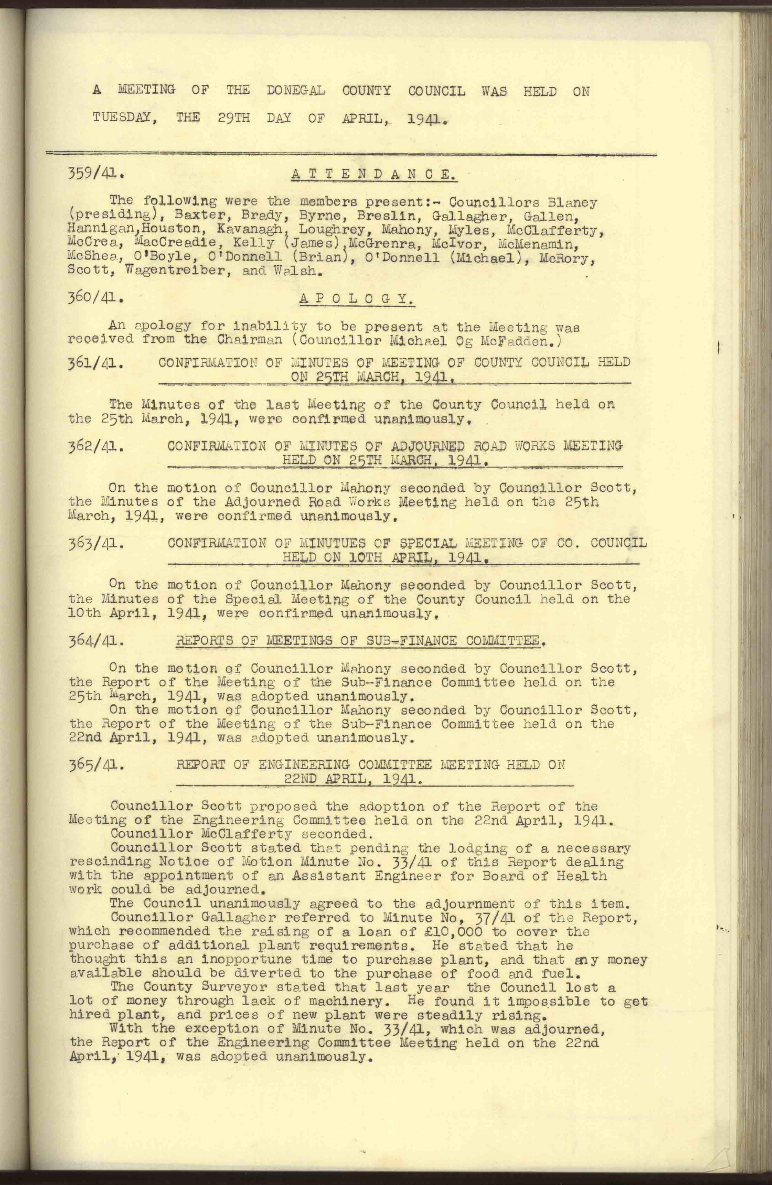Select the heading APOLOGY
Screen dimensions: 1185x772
357,299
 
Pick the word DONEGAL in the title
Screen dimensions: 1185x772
296,91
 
